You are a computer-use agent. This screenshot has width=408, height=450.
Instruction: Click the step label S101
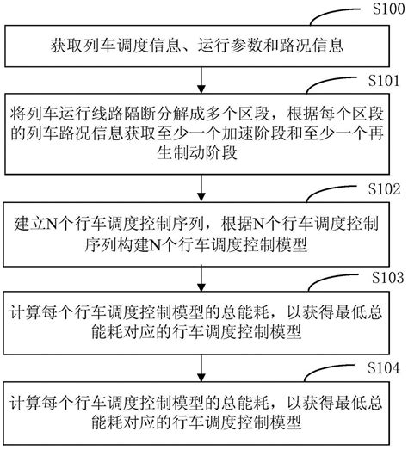point(384,83)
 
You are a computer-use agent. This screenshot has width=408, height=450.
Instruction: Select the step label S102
point(384,187)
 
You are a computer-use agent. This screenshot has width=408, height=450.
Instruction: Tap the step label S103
point(384,278)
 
